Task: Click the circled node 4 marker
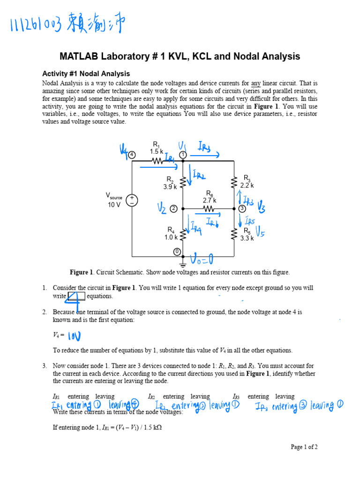click(132, 154)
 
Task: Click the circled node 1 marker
click(183, 154)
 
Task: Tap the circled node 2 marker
click(173, 208)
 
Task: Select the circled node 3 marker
click(242, 208)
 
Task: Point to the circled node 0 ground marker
click(177, 252)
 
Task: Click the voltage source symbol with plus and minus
click(132, 201)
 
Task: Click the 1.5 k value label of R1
click(157, 151)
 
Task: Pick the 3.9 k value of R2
click(170, 187)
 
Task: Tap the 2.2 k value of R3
click(247, 186)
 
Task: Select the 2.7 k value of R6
click(209, 200)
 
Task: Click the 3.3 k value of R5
click(247, 238)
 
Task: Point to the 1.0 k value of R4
click(171, 238)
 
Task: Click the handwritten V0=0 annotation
click(202, 259)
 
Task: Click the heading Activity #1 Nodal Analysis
click(86, 74)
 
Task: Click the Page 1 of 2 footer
click(304, 447)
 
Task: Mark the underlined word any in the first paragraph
click(255, 83)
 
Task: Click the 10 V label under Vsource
click(114, 205)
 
